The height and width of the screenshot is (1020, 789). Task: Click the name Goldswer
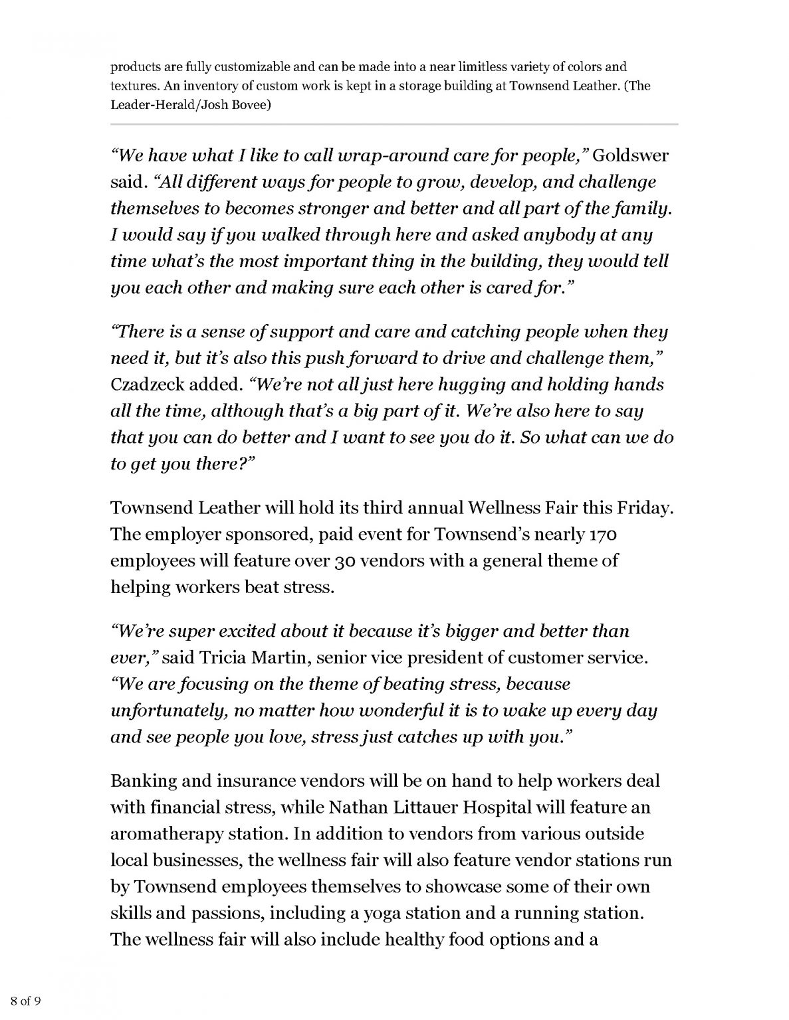tap(630, 156)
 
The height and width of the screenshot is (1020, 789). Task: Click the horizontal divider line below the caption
tap(394, 124)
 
